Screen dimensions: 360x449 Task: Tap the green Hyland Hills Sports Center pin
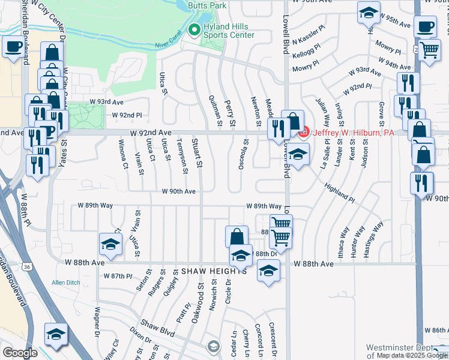click(194, 29)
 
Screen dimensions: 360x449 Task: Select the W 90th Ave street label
click(178, 191)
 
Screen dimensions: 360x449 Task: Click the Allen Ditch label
click(66, 283)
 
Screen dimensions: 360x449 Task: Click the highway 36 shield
click(26, 265)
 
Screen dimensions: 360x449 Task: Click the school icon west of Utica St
click(110, 244)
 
